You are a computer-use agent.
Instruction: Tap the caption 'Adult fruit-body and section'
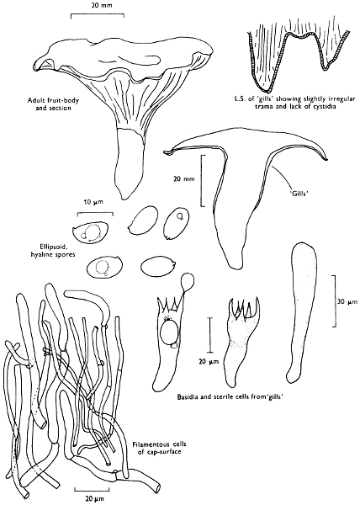pyautogui.click(x=53, y=104)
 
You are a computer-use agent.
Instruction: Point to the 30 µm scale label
pyautogui.click(x=347, y=302)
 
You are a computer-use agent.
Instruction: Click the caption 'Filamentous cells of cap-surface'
pyautogui.click(x=159, y=448)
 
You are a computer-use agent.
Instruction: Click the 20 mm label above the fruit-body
pyautogui.click(x=98, y=5)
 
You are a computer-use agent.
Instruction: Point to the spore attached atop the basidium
pyautogui.click(x=188, y=281)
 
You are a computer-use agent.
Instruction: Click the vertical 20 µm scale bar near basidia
pyautogui.click(x=210, y=335)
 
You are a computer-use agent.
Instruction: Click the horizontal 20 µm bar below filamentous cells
pyautogui.click(x=92, y=490)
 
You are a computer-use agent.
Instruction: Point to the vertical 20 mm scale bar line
pyautogui.click(x=203, y=180)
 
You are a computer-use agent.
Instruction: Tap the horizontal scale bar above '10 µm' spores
pyautogui.click(x=95, y=214)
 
